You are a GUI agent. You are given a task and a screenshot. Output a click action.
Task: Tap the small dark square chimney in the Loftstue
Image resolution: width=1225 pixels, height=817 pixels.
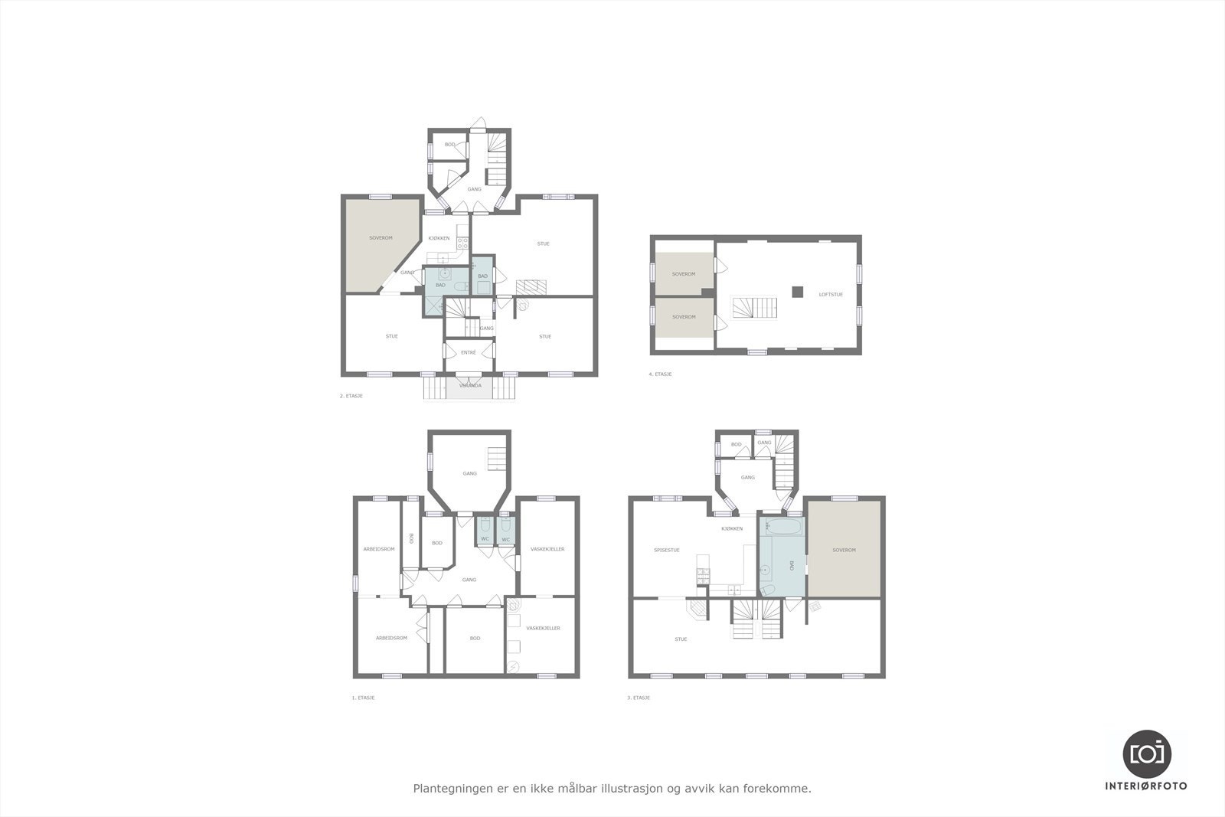tap(798, 291)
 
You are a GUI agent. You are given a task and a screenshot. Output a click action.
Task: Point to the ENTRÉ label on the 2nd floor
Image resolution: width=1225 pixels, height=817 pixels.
tap(469, 352)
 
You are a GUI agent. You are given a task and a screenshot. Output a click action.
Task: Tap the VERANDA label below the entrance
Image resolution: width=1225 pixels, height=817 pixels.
tap(469, 385)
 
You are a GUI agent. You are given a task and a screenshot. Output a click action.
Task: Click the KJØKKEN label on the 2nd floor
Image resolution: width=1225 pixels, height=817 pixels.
tap(439, 238)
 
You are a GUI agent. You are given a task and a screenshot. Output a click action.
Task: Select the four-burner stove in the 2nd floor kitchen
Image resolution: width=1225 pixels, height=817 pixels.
tap(462, 243)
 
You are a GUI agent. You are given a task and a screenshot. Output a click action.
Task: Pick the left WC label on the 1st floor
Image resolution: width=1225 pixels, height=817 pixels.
tap(485, 540)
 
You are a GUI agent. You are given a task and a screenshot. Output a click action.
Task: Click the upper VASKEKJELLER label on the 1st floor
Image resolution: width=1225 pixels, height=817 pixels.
tap(547, 549)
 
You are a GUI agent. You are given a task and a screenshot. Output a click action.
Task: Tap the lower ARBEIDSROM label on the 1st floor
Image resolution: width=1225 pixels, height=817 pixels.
tap(389, 638)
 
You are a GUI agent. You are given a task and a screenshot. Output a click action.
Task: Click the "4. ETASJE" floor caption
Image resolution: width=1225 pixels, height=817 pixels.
tap(659, 374)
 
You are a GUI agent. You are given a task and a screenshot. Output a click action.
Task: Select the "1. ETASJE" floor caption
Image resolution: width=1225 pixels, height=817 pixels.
tap(363, 698)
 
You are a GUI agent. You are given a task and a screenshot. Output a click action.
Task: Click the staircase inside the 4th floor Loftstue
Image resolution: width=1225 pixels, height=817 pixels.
tap(755, 309)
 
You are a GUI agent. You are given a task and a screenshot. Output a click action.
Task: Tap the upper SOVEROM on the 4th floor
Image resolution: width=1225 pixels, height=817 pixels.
tap(683, 274)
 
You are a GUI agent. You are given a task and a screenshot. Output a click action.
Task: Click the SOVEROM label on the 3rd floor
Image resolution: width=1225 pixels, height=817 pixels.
tap(844, 550)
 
